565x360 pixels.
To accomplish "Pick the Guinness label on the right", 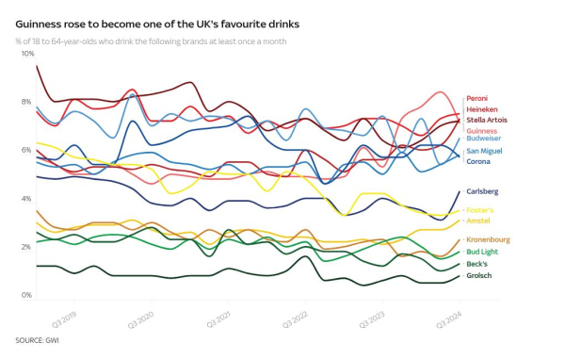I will (482, 131).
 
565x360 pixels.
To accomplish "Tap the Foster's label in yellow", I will (481, 210).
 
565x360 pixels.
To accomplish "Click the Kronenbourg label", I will (488, 240).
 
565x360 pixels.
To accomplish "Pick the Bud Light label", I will (482, 252).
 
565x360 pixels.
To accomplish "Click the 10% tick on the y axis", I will (27, 54).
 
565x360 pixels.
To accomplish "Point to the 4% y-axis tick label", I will (27, 199).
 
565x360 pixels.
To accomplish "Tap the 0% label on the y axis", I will (27, 296).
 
